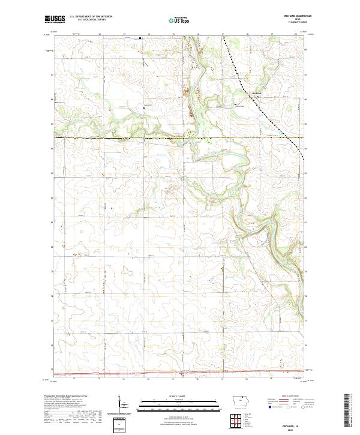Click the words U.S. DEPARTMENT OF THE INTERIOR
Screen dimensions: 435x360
pos(90,17)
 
